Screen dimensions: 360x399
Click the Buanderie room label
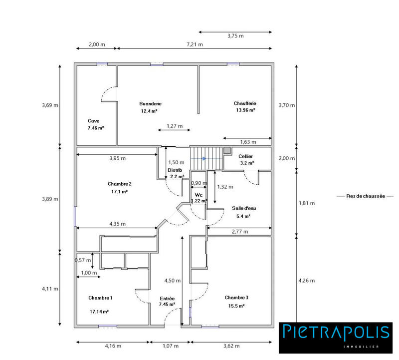pyautogui.click(x=150, y=103)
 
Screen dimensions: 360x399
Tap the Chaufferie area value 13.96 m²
pyautogui.click(x=244, y=110)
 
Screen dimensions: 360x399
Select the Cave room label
pyautogui.click(x=93, y=121)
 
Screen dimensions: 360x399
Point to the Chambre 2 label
pyautogui.click(x=119, y=184)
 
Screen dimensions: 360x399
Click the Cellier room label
pyautogui.click(x=245, y=156)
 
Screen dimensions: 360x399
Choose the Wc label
pyautogui.click(x=198, y=194)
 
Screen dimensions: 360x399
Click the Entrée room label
pyautogui.click(x=167, y=298)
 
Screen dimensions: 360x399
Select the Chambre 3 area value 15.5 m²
pyautogui.click(x=236, y=306)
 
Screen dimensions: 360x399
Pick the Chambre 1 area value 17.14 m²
pyautogui.click(x=99, y=311)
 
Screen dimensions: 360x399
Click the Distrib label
pyautogui.click(x=175, y=170)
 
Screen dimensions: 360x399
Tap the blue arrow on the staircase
pyautogui.click(x=204, y=159)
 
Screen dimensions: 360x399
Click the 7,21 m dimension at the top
pyautogui.click(x=195, y=44)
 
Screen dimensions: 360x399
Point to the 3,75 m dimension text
pyautogui.click(x=235, y=36)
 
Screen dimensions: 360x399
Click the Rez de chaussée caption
pyautogui.click(x=366, y=196)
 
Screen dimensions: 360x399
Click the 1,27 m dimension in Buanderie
pyautogui.click(x=174, y=125)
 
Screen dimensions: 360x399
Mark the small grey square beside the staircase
pyautogui.click(x=227, y=150)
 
